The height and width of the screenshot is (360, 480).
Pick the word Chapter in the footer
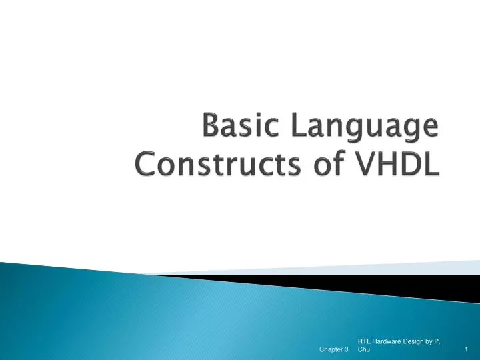(331, 349)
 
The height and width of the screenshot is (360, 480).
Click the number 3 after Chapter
(347, 349)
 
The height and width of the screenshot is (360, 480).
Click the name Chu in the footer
(364, 349)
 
